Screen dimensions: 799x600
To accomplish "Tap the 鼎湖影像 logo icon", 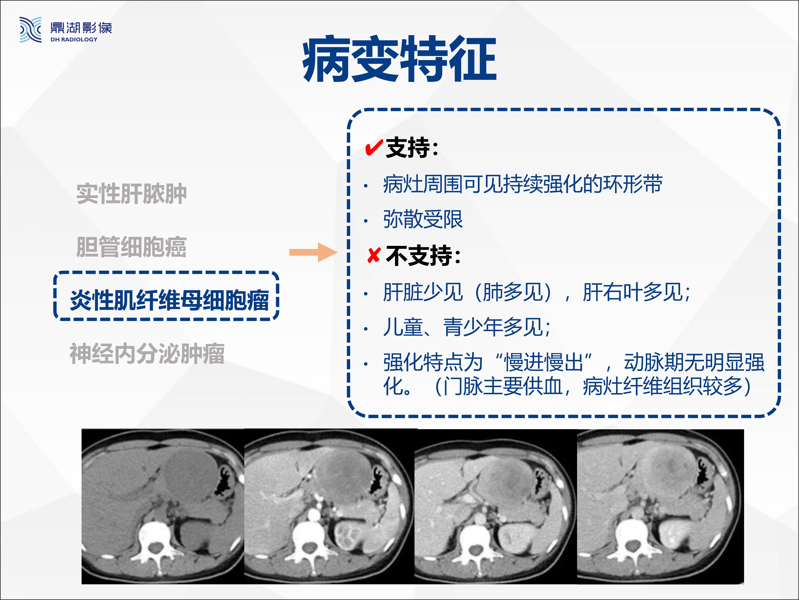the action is pos(30,30).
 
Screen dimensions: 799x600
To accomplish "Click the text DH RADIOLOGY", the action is pos(74,39).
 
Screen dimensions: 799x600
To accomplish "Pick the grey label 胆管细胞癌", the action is pos(132,247).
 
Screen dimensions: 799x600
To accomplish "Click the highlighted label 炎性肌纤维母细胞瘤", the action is pos(169,300).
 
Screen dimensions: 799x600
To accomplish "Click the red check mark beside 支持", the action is pos(374,147).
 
